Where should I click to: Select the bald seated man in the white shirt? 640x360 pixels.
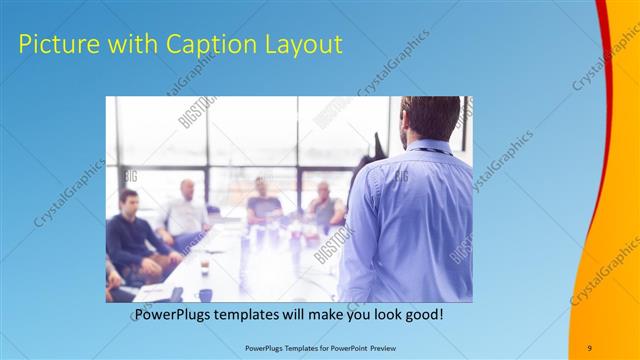point(186,212)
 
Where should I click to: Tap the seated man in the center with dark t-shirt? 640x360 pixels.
point(264,202)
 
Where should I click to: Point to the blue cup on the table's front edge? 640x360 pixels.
point(205,295)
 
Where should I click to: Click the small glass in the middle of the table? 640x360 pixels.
point(204,265)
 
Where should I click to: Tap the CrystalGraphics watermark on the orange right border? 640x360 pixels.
point(604,270)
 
